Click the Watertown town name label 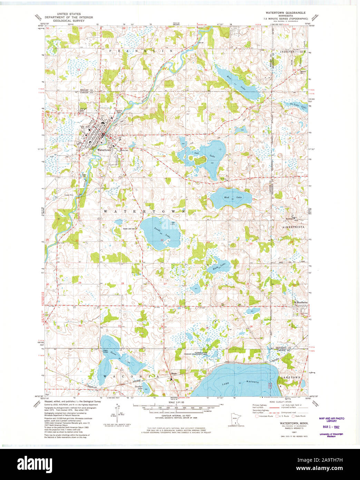(x=104, y=150)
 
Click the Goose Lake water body (x=110, y=359)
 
